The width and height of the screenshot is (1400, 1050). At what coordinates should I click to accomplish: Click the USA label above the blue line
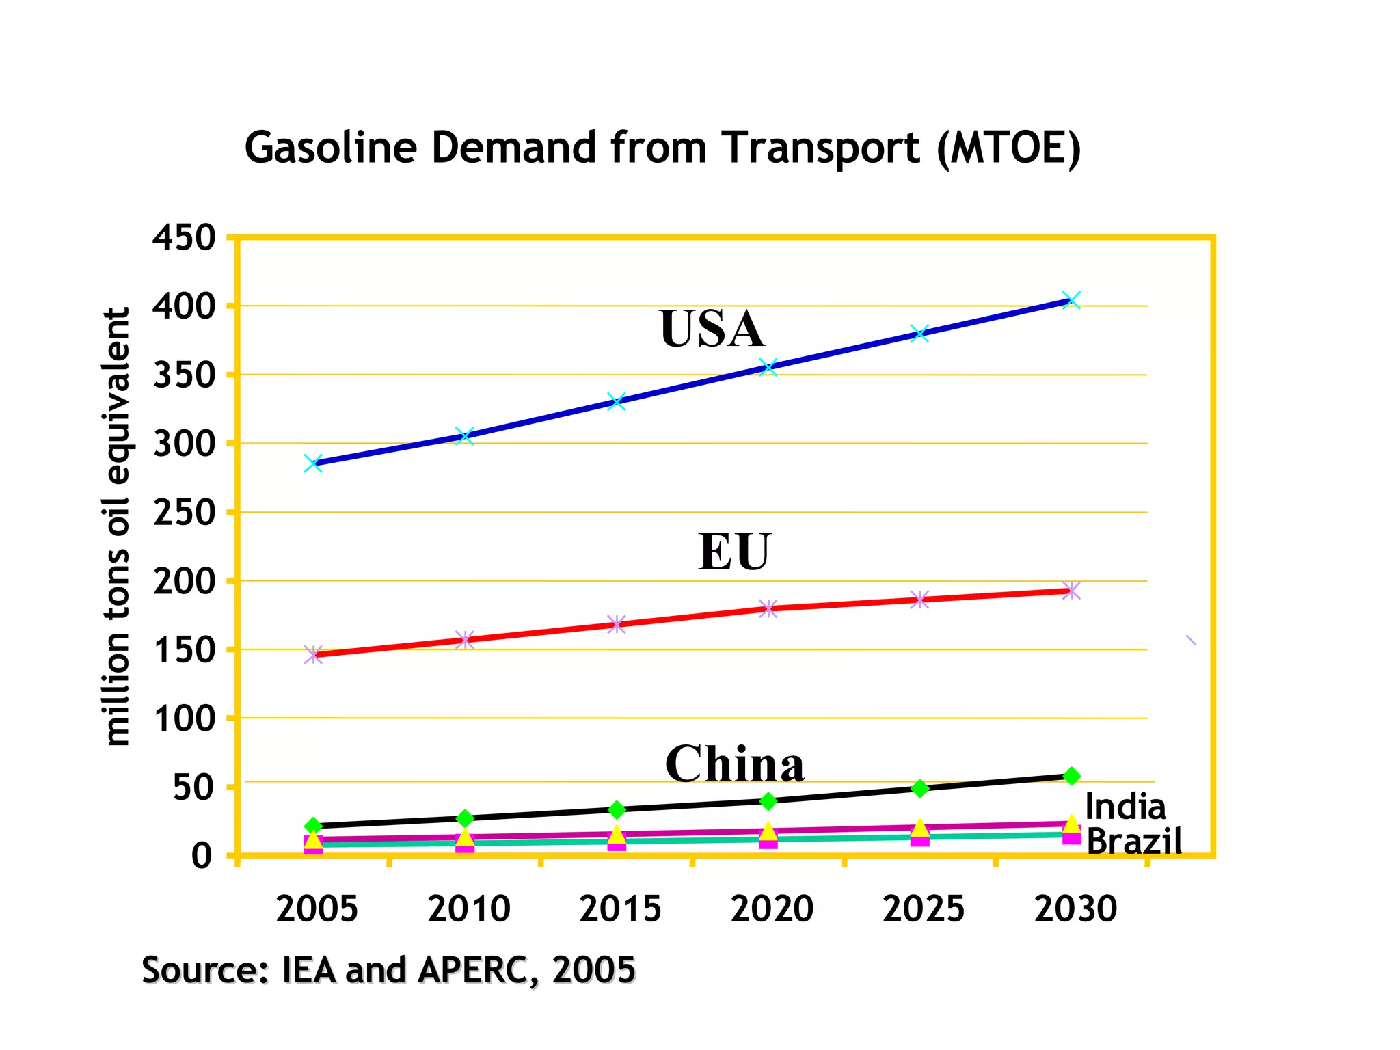pos(712,329)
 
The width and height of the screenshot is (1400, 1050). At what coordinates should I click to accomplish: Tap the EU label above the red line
pos(734,552)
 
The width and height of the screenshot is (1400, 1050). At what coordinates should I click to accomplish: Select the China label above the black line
pos(734,764)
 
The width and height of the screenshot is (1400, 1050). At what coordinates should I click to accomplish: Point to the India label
pos(1125,807)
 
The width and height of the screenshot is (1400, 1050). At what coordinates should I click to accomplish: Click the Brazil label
pos(1134,841)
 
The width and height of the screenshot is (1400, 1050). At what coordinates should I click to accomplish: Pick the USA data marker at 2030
pos(1071,300)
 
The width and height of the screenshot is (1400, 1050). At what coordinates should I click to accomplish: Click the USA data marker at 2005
pos(313,464)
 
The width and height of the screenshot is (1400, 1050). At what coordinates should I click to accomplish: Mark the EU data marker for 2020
pos(768,608)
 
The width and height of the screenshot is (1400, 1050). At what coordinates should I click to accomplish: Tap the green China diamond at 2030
pos(1072,776)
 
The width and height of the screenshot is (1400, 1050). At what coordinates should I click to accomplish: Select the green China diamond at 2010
pos(465,818)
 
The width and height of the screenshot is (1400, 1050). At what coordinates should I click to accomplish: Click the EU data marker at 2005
pos(313,655)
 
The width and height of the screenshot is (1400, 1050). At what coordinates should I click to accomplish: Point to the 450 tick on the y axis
pos(183,239)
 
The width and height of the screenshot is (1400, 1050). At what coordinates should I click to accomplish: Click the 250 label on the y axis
pos(183,513)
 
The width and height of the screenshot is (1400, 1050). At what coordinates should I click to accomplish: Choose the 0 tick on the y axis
pos(202,856)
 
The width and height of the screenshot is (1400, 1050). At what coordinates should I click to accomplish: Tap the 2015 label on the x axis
pos(620,909)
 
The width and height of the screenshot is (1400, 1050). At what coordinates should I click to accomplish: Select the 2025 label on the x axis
pos(923,909)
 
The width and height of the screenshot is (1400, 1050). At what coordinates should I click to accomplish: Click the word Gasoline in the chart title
pos(330,148)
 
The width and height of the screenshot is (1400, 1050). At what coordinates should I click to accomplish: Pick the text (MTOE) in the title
pos(1009,148)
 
